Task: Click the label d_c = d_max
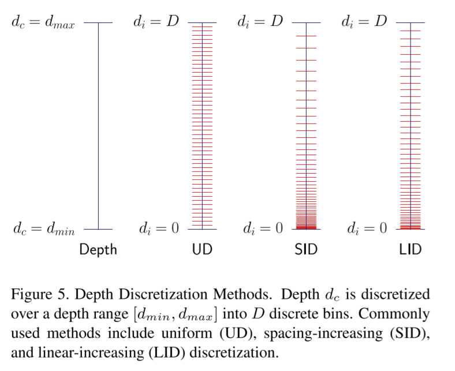tap(43, 24)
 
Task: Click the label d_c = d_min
tap(43, 229)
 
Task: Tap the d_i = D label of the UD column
tap(156, 23)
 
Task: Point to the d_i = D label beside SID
tap(260, 23)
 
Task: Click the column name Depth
tap(98, 249)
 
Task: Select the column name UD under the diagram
tap(202, 249)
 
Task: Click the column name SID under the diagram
tap(306, 249)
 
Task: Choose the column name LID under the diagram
tap(410, 249)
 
